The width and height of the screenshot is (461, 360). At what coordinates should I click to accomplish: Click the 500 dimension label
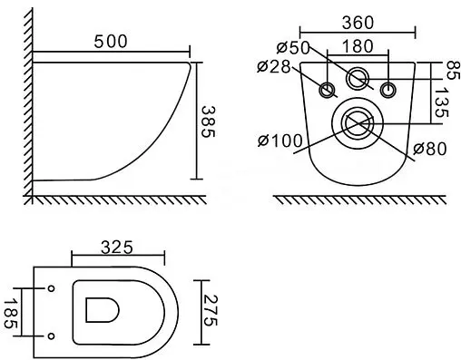[x=111, y=42]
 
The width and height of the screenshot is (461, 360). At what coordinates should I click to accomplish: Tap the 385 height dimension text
[x=208, y=122]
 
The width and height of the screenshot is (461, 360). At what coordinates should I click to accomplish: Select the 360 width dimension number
[x=358, y=23]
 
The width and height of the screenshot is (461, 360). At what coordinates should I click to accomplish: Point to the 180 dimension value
[x=358, y=46]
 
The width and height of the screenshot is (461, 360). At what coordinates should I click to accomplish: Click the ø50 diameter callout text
[x=293, y=47]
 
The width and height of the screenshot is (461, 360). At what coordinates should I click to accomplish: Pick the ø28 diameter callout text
[x=274, y=66]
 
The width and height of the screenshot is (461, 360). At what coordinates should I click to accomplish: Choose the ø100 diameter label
[x=280, y=141]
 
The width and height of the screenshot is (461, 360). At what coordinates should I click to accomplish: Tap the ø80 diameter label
[x=430, y=149]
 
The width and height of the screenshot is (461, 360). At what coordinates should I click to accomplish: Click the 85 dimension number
[x=454, y=71]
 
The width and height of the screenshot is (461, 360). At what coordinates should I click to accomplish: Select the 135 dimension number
[x=442, y=102]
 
